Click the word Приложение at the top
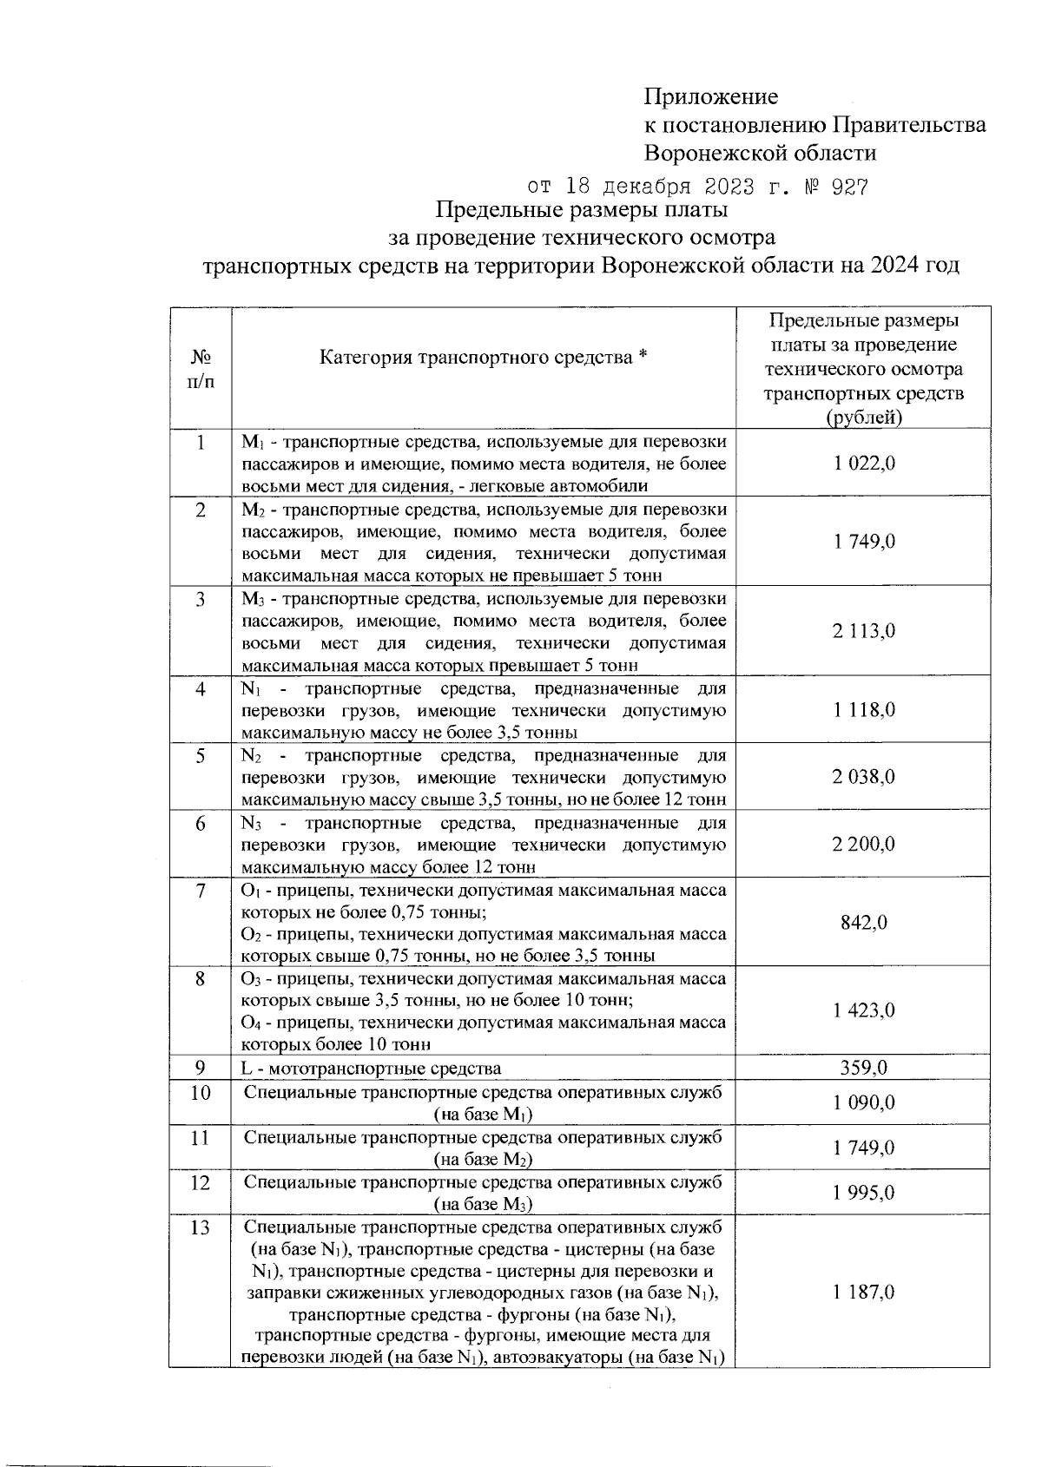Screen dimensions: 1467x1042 (710, 96)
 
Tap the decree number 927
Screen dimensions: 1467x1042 (849, 187)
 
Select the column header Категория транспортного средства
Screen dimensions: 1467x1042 (484, 357)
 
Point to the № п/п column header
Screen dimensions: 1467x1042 (201, 369)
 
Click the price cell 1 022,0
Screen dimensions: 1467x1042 (863, 463)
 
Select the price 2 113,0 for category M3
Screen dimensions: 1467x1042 (863, 631)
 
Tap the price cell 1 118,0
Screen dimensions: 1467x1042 (863, 710)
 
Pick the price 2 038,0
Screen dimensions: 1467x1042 (863, 777)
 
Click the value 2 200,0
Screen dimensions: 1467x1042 (863, 844)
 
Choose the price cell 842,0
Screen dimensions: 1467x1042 (863, 922)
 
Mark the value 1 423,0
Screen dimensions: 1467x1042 (863, 1010)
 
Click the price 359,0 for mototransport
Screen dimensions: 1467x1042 (863, 1068)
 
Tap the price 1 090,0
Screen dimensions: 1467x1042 (863, 1103)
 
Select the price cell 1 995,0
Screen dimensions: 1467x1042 (863, 1193)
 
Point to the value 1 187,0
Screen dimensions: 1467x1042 (863, 1293)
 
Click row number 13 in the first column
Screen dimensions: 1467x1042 (201, 1228)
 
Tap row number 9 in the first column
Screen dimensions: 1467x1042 (201, 1068)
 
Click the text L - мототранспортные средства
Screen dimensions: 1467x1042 (371, 1069)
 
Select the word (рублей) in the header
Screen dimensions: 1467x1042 (863, 418)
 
